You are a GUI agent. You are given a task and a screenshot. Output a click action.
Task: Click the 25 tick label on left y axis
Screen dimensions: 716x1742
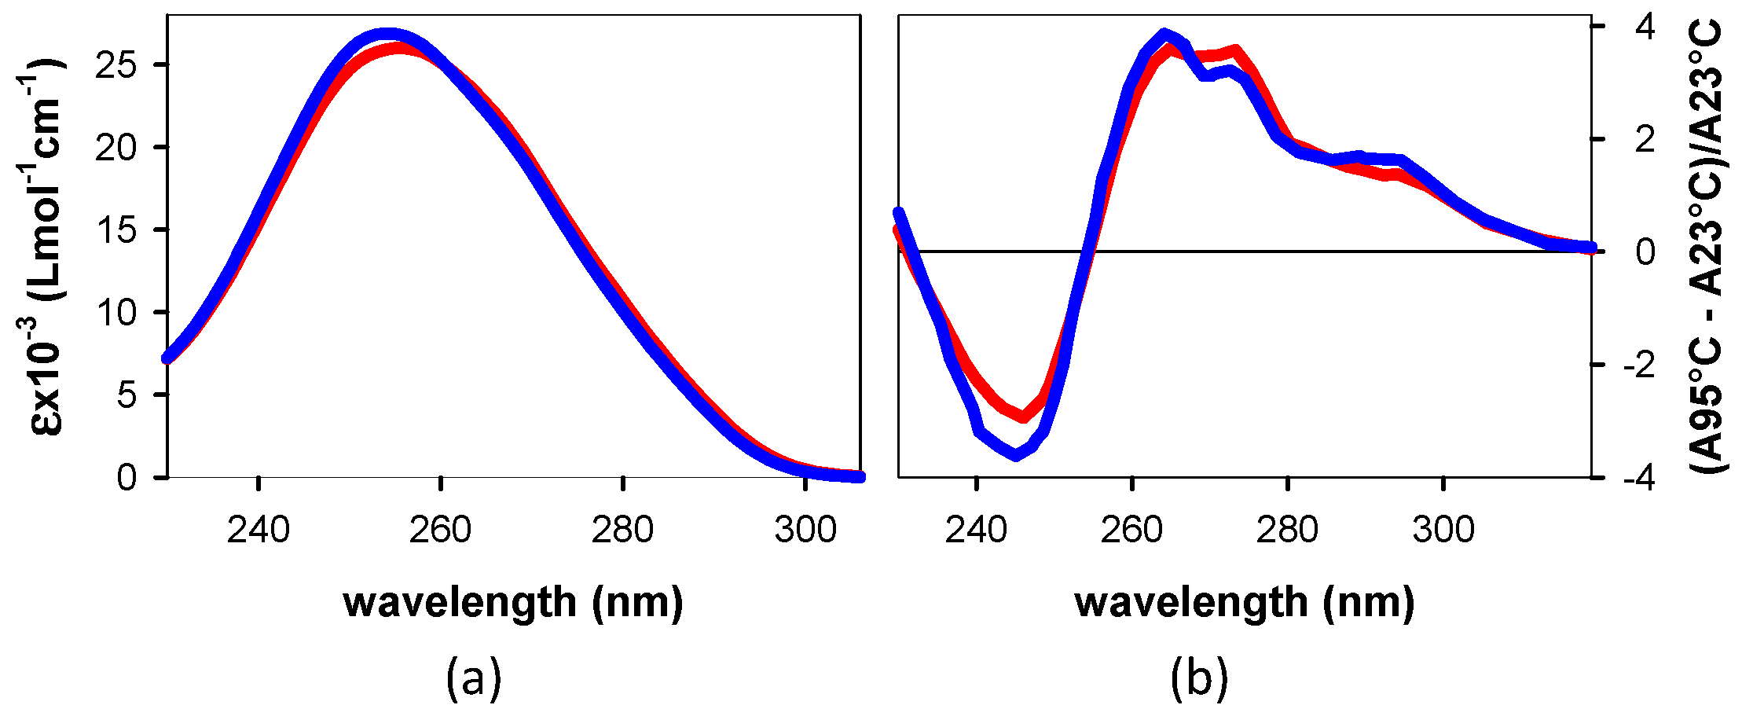coord(116,65)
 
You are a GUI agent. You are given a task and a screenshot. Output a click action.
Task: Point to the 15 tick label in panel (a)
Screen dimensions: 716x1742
coord(116,230)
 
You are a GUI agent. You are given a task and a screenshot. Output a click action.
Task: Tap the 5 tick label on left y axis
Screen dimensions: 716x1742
coord(127,395)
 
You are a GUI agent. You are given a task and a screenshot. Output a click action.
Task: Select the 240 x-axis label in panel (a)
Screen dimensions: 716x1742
coord(259,531)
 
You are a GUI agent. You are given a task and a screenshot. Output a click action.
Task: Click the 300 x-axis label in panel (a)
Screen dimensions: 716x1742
coord(805,531)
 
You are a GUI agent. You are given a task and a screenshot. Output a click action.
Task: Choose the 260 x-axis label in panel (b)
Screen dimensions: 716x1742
coord(1131,531)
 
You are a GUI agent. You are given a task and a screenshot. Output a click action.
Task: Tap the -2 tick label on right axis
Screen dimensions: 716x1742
coord(1638,365)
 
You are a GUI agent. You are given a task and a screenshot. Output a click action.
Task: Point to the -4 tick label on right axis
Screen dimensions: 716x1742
coord(1638,478)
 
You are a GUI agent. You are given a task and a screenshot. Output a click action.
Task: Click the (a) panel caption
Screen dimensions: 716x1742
coord(473,677)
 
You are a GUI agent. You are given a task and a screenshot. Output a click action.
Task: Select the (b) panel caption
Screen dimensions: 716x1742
coord(1199,677)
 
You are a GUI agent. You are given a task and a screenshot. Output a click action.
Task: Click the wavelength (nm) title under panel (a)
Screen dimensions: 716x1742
coord(513,604)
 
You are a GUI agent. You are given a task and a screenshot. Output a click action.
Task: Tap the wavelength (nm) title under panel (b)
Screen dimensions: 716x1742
coord(1245,604)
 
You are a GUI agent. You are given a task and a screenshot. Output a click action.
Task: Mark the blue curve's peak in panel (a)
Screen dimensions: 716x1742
coord(387,35)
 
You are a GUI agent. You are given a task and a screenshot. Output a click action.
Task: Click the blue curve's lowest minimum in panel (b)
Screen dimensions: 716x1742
coord(1016,455)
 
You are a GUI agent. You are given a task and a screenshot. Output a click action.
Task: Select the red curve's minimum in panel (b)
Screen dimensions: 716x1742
coord(1023,417)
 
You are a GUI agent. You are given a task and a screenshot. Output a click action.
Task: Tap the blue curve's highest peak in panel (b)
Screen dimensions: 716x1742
coord(1165,35)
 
